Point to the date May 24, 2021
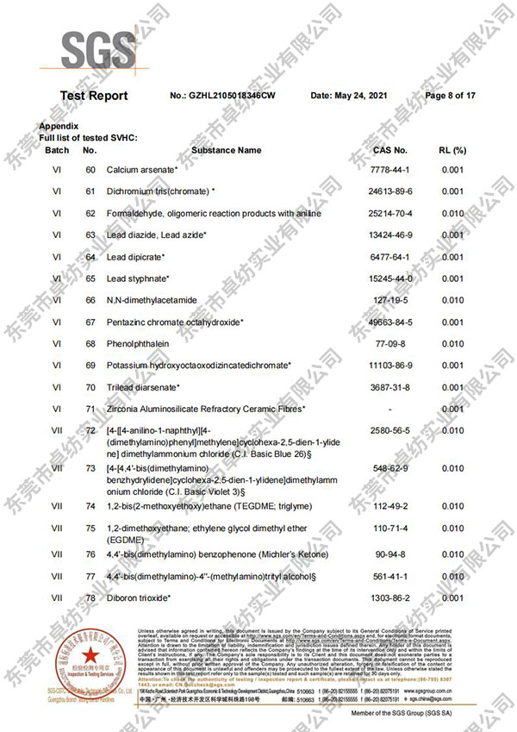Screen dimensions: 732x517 pyautogui.click(x=346, y=96)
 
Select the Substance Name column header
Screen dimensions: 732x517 pyautogui.click(x=226, y=150)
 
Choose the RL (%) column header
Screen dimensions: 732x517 pyautogui.click(x=452, y=150)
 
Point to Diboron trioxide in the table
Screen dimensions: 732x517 pyautogui.click(x=138, y=597)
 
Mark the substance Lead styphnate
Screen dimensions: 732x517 pyautogui.click(x=137, y=278)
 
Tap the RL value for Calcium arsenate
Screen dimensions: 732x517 pyautogui.click(x=452, y=170)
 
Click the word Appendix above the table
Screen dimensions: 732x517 pyautogui.click(x=58, y=127)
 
